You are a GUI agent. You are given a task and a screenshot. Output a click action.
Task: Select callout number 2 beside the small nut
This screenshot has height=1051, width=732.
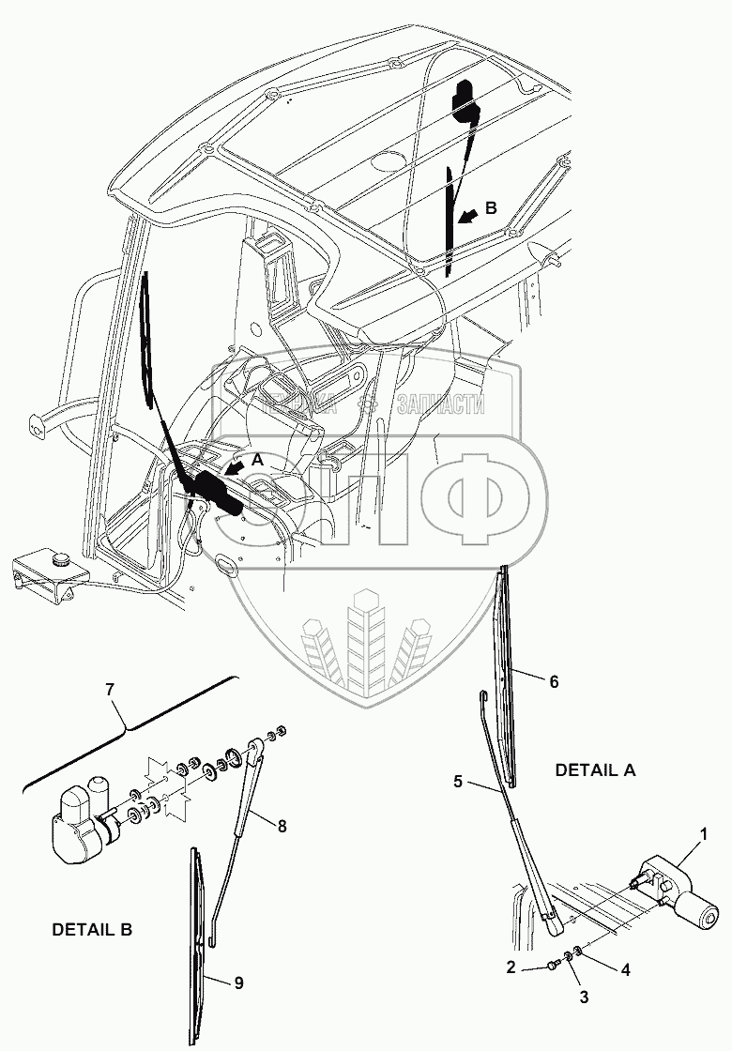pyautogui.click(x=511, y=967)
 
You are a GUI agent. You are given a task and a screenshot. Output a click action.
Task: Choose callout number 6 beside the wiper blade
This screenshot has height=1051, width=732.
pyautogui.click(x=554, y=682)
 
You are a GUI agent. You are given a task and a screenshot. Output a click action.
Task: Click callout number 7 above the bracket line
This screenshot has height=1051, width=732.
pyautogui.click(x=110, y=690)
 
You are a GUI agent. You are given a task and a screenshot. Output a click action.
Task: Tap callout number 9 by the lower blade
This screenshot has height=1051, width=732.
pyautogui.click(x=239, y=982)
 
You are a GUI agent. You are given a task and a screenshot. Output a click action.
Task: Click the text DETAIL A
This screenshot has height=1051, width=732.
pyautogui.click(x=595, y=769)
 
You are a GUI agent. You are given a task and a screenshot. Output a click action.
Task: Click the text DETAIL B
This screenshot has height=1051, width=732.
pyautogui.click(x=92, y=930)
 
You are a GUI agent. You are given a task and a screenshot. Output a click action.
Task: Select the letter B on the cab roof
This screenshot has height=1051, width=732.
pyautogui.click(x=491, y=207)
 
